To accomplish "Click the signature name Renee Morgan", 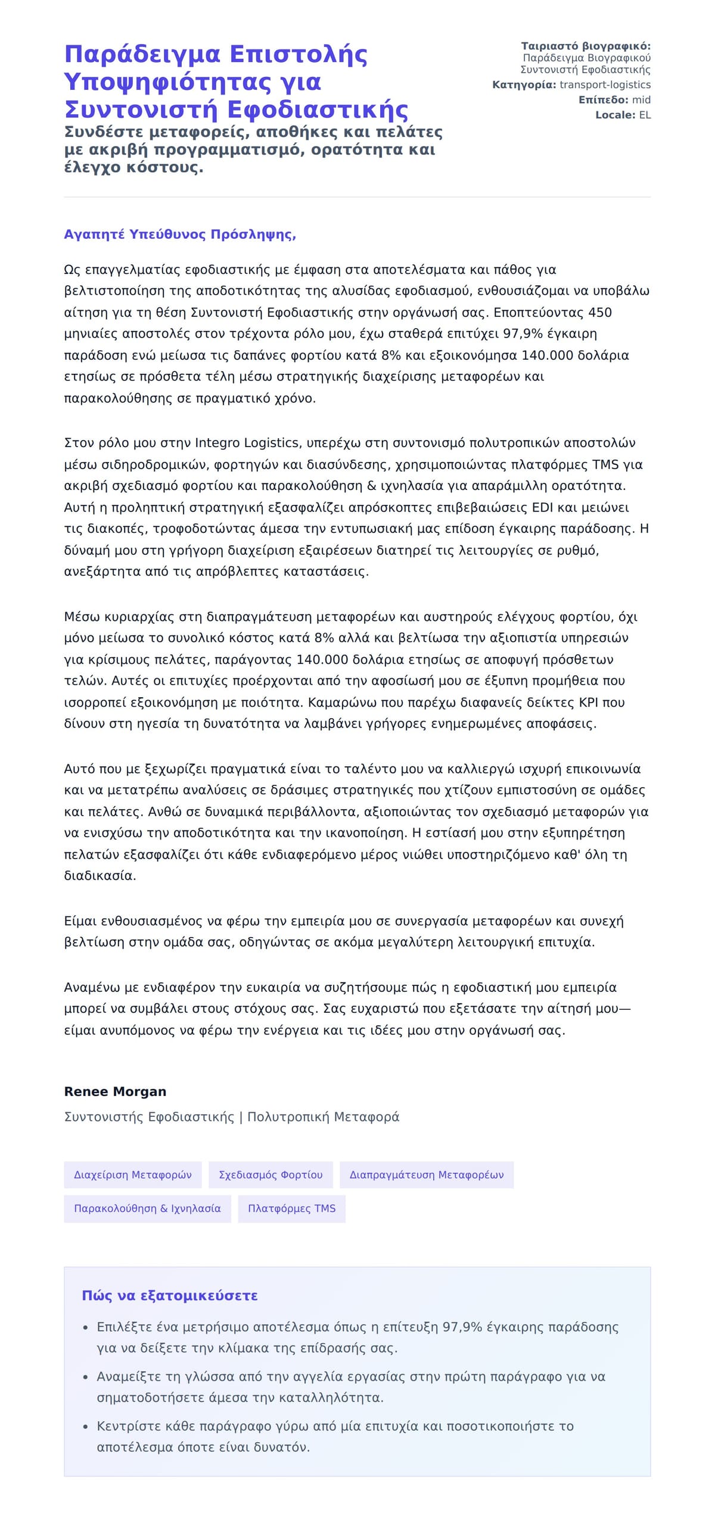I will [x=115, y=1091].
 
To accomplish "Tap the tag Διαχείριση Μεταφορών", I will [x=133, y=1175].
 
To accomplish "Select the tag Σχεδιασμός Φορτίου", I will [x=271, y=1175].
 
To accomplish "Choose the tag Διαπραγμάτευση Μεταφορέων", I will [x=427, y=1175].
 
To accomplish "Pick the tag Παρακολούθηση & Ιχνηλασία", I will [x=147, y=1209].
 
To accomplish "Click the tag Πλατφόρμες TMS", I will [x=291, y=1209].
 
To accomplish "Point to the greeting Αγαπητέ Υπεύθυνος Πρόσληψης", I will [x=180, y=234].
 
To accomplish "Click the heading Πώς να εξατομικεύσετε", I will [x=170, y=1296].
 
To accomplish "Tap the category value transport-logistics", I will [x=605, y=85].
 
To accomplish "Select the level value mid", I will [x=641, y=99].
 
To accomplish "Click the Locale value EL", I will [x=645, y=115].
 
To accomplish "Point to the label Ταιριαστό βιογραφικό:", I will [x=586, y=46].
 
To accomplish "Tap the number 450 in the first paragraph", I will [x=600, y=313].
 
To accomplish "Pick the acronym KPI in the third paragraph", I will [x=588, y=703].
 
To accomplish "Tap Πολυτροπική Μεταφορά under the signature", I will [x=323, y=1117].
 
